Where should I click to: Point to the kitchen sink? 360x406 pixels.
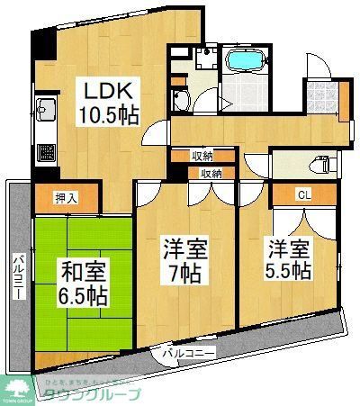pyautogui.click(x=44, y=114)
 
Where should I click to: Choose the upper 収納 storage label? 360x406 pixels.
pyautogui.click(x=202, y=156)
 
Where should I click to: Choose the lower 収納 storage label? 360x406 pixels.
pyautogui.click(x=211, y=172)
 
